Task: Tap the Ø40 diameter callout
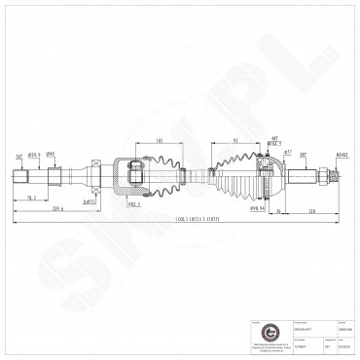(51, 153)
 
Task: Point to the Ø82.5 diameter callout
(133, 203)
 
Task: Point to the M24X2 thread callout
(342, 154)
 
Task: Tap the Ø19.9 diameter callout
(34, 153)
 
